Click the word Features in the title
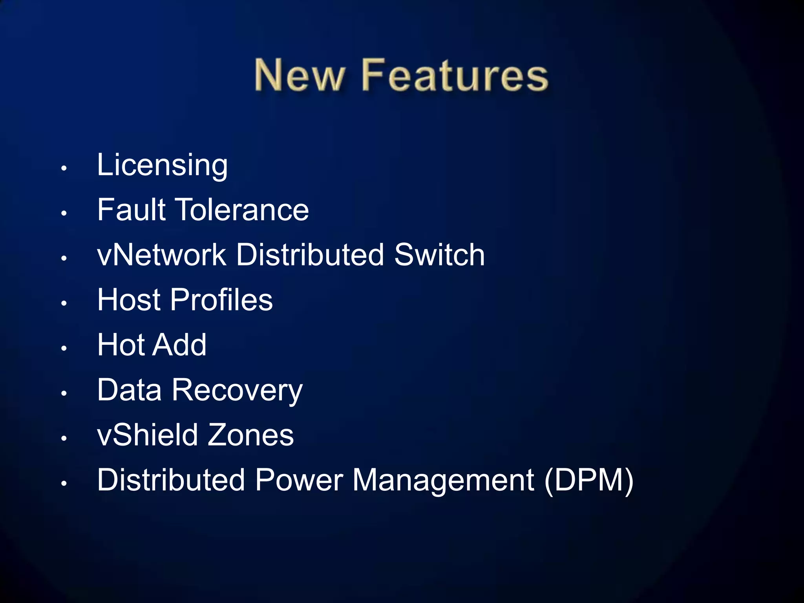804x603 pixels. (x=455, y=75)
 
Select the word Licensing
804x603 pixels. (x=162, y=165)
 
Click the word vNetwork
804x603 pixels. (x=161, y=255)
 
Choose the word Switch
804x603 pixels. (x=439, y=255)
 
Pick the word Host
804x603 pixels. (x=129, y=300)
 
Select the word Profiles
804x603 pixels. (x=221, y=300)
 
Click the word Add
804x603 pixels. (x=179, y=345)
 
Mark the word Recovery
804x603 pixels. (x=237, y=391)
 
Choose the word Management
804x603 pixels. (x=443, y=481)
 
